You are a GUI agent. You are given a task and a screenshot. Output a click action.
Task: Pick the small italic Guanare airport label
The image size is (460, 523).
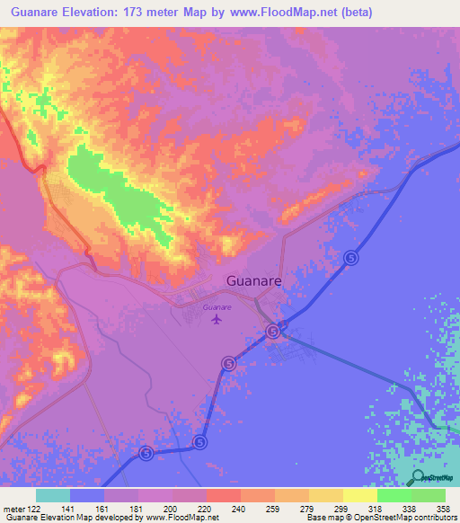coord(217,307)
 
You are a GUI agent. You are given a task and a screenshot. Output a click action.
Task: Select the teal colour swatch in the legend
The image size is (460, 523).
coord(52,494)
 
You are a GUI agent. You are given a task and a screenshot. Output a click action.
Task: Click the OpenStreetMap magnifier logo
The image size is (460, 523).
coord(420,477)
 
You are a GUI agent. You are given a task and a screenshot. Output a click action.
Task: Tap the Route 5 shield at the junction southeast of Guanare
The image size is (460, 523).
coord(273,332)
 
